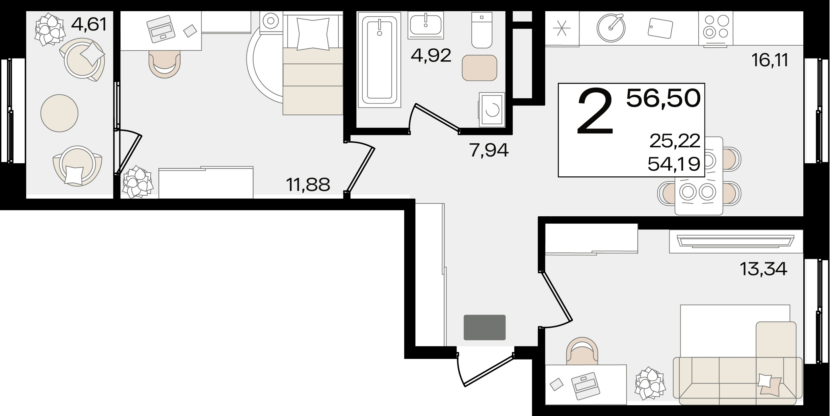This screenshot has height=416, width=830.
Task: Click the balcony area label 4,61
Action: click(89, 24)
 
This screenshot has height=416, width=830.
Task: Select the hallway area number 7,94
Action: click(489, 150)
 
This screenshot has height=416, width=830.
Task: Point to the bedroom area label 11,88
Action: click(308, 185)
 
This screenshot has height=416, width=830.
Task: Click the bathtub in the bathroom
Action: click(379, 60)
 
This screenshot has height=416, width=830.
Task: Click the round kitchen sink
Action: click(611, 28)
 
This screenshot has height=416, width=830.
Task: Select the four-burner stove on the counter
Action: click(716, 27)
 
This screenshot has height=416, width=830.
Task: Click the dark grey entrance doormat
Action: click(485, 327)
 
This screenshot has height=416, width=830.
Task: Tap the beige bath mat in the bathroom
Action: click(479, 68)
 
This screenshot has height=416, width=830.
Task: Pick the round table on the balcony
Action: click(59, 113)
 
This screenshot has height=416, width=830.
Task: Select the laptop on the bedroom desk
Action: click(161, 29)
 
